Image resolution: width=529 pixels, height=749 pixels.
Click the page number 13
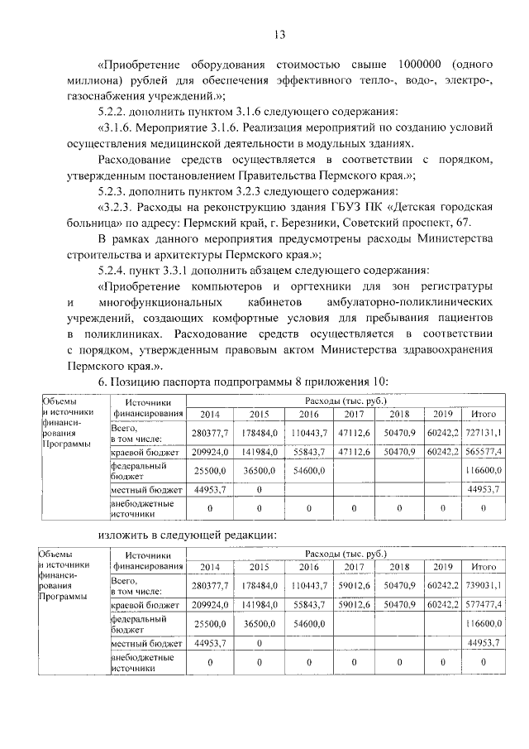coord(279,34)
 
